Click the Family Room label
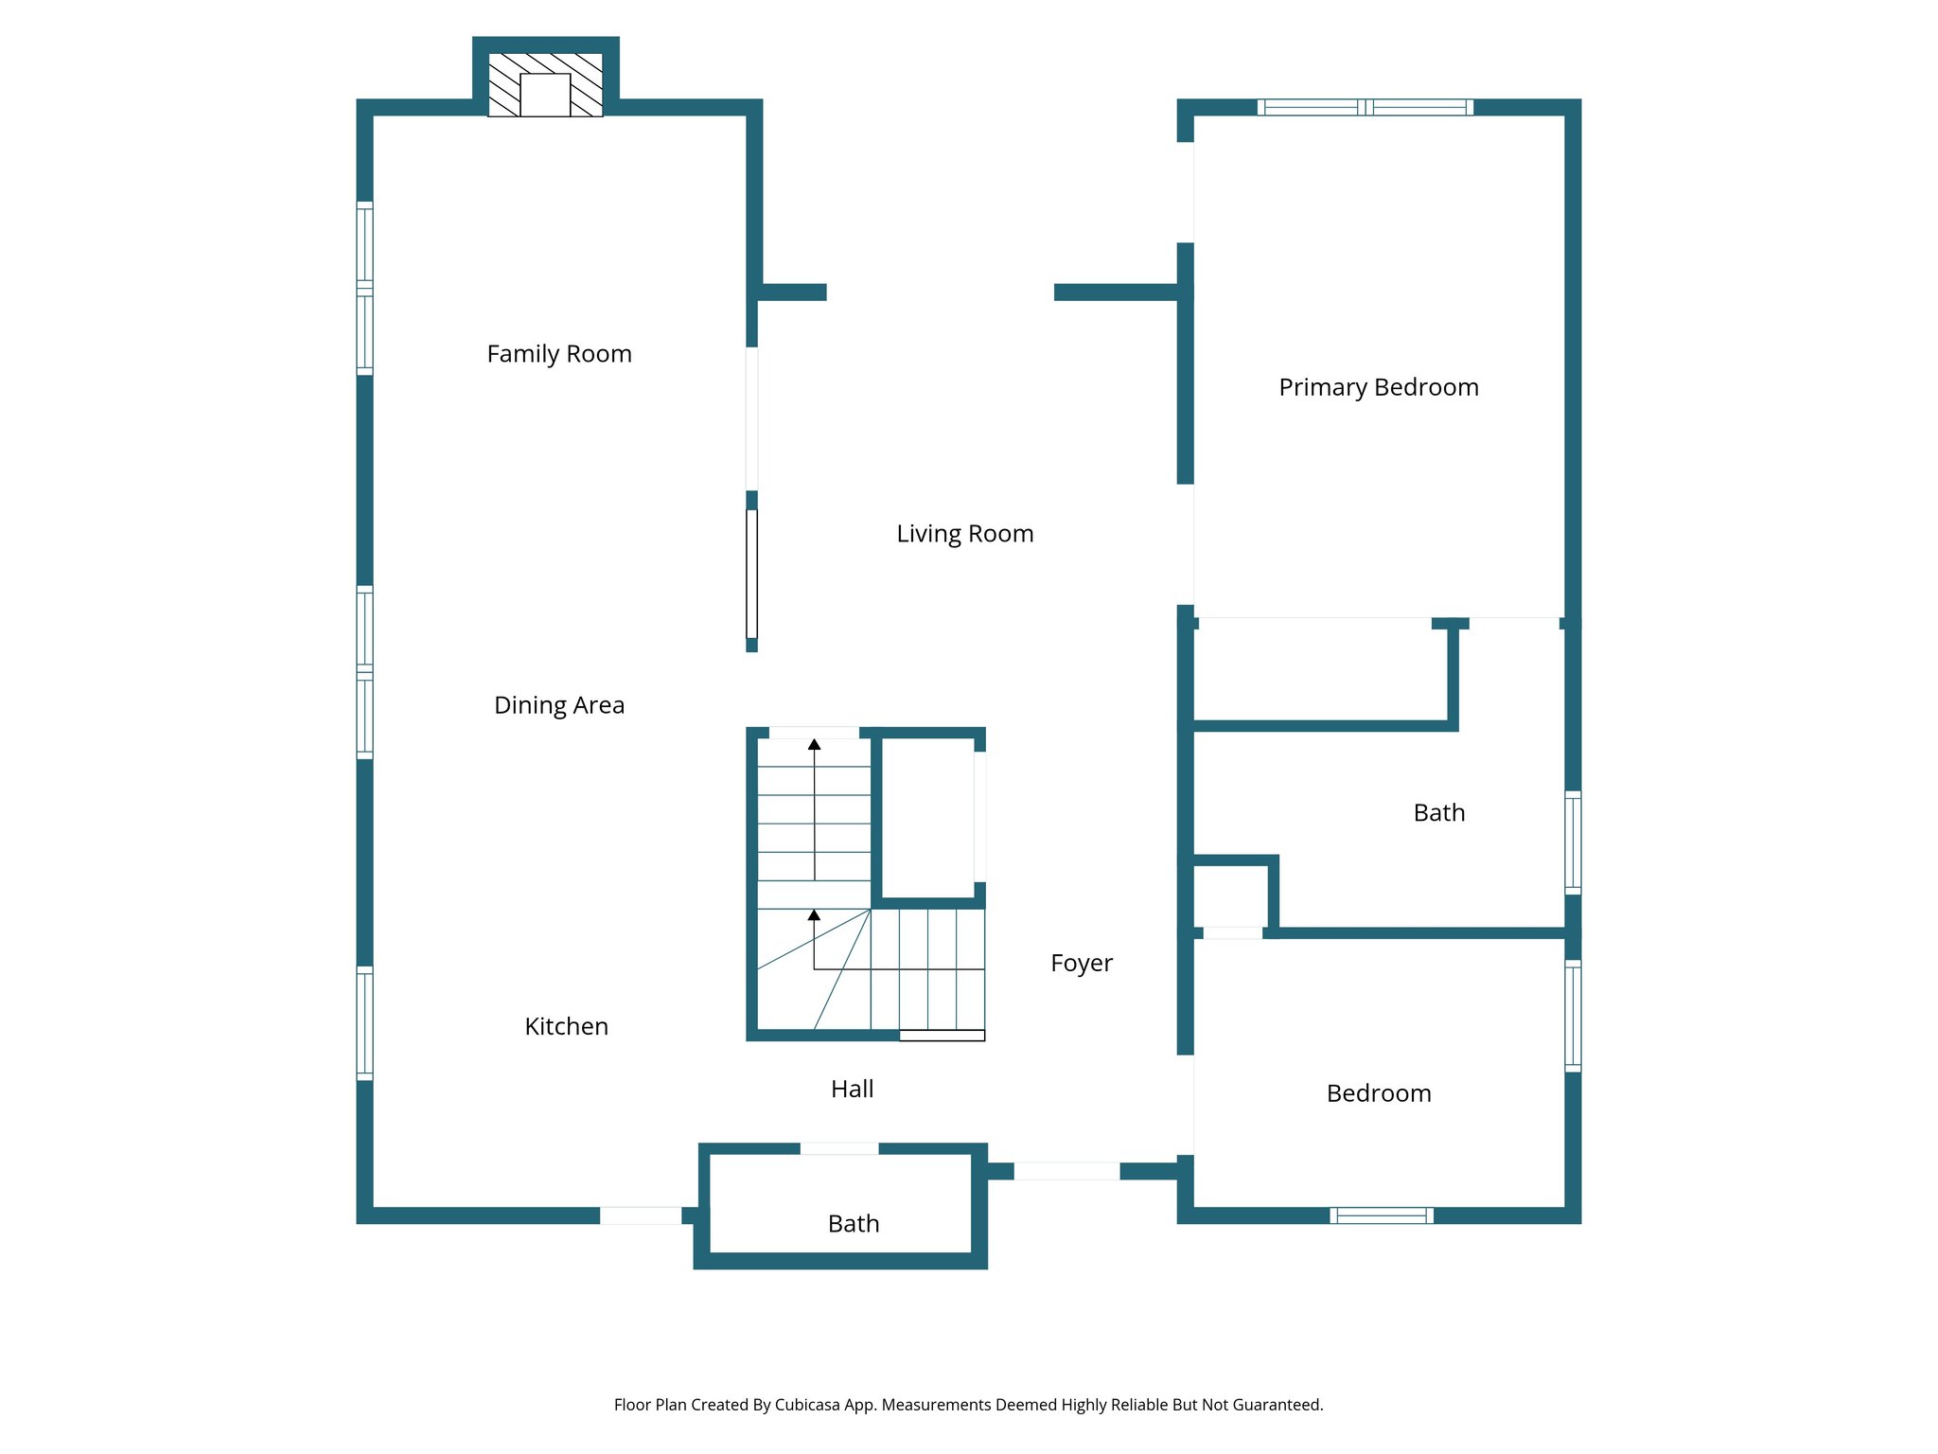(x=558, y=354)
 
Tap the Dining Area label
(x=558, y=705)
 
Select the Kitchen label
(x=566, y=1026)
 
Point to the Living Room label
(x=964, y=534)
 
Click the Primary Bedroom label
(x=1378, y=387)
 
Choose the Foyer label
(x=1081, y=963)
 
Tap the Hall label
(x=852, y=1089)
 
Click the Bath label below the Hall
(x=853, y=1224)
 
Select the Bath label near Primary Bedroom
(x=1438, y=813)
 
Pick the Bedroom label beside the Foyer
(x=1378, y=1093)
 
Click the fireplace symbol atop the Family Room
(x=545, y=85)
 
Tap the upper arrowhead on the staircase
(x=814, y=745)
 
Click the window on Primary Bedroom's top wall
(x=1365, y=107)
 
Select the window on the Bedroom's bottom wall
(x=1381, y=1215)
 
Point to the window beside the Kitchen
(x=364, y=1022)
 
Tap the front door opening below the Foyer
(x=1066, y=1171)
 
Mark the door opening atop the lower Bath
(x=838, y=1148)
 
